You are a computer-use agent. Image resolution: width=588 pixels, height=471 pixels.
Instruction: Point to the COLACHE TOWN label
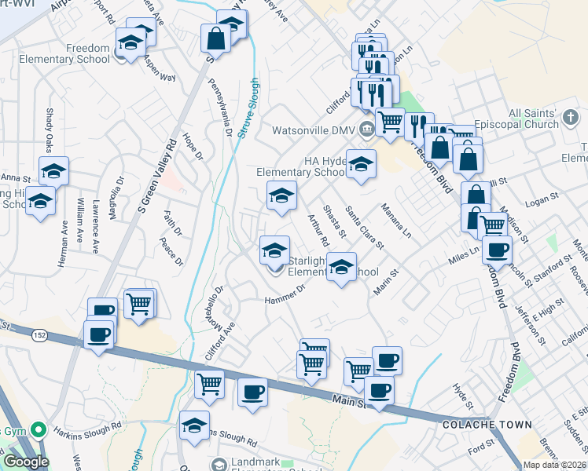point(487,425)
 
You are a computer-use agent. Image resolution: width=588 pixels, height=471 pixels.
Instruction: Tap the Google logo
point(25,462)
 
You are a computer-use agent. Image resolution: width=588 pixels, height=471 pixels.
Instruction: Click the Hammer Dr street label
point(285,294)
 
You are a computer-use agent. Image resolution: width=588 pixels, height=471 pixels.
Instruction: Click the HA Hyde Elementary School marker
point(361,165)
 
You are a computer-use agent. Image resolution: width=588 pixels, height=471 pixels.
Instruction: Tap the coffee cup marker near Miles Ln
point(496,250)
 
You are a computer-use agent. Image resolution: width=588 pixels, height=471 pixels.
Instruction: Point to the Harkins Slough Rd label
point(88,429)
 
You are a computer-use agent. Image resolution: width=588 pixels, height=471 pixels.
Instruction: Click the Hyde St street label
point(464,397)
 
